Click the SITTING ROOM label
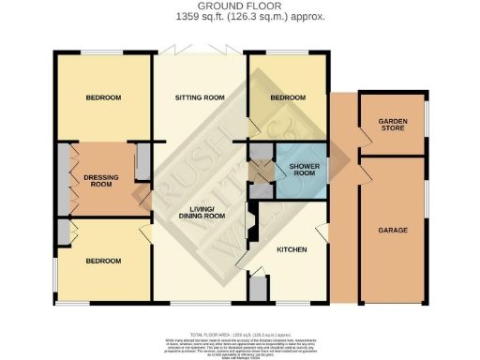pos(201,97)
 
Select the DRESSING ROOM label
pos(100,178)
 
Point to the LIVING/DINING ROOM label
pos(203,212)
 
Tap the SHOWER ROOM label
pos(303,169)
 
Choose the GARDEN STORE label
pos(392,126)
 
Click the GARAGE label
pos(392,230)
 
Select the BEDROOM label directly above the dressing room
pos(103,97)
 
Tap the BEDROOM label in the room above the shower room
pos(288,97)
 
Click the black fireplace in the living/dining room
pos(249,225)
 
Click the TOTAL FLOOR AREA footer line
pos(240,334)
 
